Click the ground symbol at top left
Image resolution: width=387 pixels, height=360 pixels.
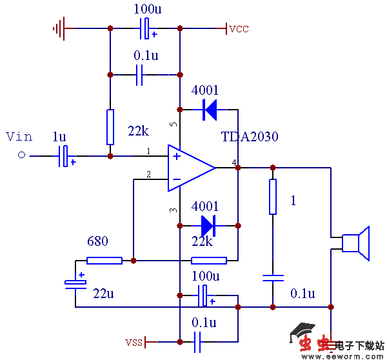(x=59, y=28)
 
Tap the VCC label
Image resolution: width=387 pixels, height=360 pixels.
(x=238, y=29)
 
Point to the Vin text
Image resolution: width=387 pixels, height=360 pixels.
(x=19, y=136)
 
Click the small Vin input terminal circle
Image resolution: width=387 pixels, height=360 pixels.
(x=21, y=155)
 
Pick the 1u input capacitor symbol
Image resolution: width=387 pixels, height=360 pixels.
(x=63, y=156)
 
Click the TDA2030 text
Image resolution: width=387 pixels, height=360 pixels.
(x=250, y=137)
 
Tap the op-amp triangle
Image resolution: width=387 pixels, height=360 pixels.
(x=190, y=168)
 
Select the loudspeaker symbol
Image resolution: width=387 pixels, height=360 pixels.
(x=355, y=243)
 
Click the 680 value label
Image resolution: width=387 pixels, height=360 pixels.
(x=97, y=241)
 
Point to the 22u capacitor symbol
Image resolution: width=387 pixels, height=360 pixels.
(x=75, y=283)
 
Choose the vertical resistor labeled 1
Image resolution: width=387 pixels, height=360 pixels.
(x=273, y=197)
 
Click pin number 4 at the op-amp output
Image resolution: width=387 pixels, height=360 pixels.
(x=233, y=161)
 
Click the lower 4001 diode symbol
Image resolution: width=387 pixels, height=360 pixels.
(x=208, y=226)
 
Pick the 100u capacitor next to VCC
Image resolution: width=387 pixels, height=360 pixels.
(x=146, y=28)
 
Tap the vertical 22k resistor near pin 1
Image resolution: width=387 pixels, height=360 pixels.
(x=110, y=127)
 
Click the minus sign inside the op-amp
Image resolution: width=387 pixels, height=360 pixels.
(x=176, y=179)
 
